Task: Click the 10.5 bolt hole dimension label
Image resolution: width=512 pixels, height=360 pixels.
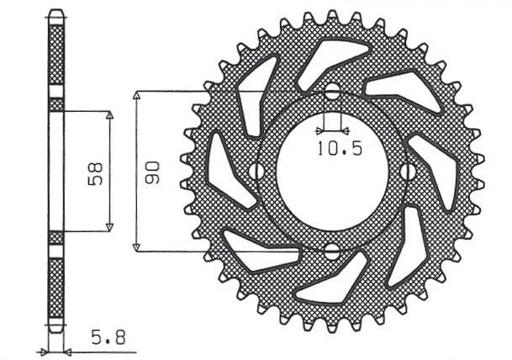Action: [x=340, y=149]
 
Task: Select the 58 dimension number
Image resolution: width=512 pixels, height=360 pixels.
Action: [x=95, y=174]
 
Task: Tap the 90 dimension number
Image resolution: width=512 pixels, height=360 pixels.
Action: [x=152, y=172]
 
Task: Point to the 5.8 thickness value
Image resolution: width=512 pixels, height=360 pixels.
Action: [x=108, y=338]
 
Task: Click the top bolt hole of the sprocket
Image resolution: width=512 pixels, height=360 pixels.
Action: [x=332, y=92]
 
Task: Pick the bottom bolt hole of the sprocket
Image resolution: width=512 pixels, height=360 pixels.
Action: [x=332, y=251]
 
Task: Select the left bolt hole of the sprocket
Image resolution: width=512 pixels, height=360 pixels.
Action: [x=256, y=172]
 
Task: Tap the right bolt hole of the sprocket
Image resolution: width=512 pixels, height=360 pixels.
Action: [x=408, y=172]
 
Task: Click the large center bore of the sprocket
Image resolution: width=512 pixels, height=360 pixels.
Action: [x=332, y=172]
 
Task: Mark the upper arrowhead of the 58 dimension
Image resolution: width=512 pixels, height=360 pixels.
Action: [x=109, y=115]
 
